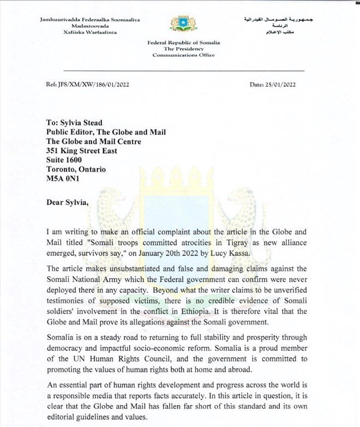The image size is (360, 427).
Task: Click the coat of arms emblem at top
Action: (183, 23)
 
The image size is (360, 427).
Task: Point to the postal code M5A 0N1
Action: (63, 178)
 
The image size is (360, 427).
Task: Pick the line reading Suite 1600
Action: (64, 160)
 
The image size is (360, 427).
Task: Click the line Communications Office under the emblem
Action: (183, 55)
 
